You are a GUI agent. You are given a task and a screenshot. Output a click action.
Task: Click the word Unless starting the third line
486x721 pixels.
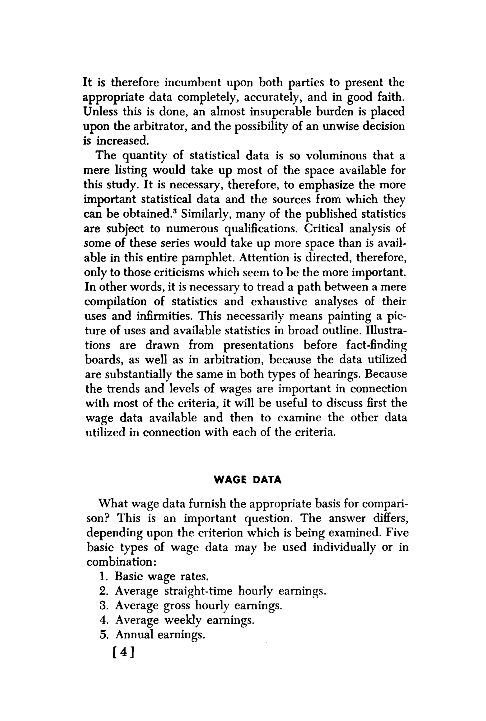(x=100, y=112)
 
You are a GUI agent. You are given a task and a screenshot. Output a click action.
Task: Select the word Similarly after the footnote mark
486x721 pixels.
(x=204, y=214)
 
